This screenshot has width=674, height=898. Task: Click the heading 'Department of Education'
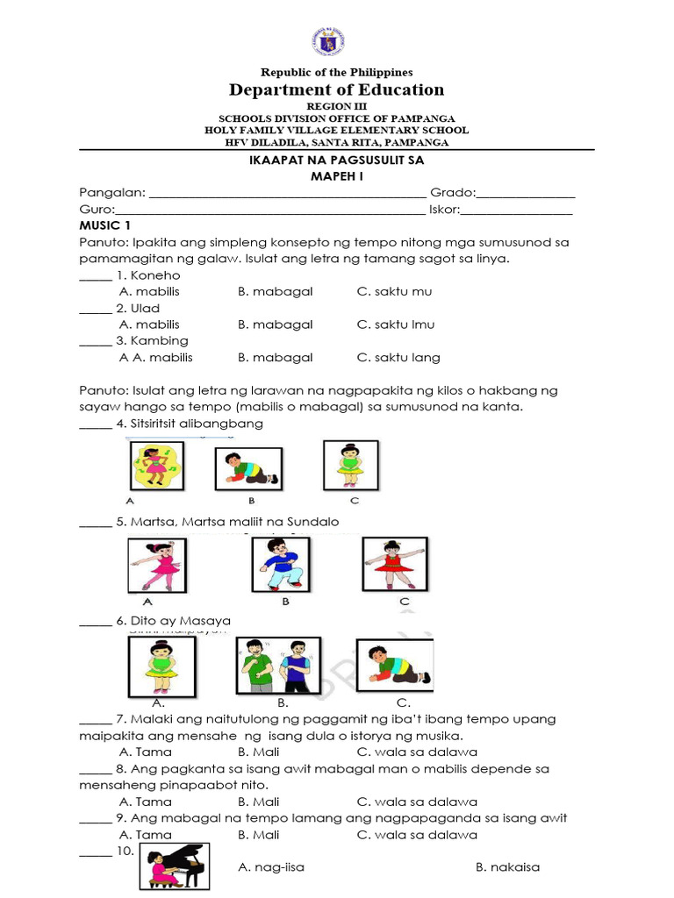click(x=337, y=89)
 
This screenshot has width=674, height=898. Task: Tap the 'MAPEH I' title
click(x=337, y=176)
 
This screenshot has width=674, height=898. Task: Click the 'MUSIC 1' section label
click(x=104, y=226)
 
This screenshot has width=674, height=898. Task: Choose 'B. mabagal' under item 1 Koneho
click(x=275, y=291)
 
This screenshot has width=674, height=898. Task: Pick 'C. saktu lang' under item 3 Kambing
click(x=398, y=357)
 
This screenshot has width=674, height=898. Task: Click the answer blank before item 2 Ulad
click(x=95, y=309)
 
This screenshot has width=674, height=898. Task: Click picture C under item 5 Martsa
click(x=395, y=563)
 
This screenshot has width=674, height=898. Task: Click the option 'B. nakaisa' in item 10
click(x=507, y=867)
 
